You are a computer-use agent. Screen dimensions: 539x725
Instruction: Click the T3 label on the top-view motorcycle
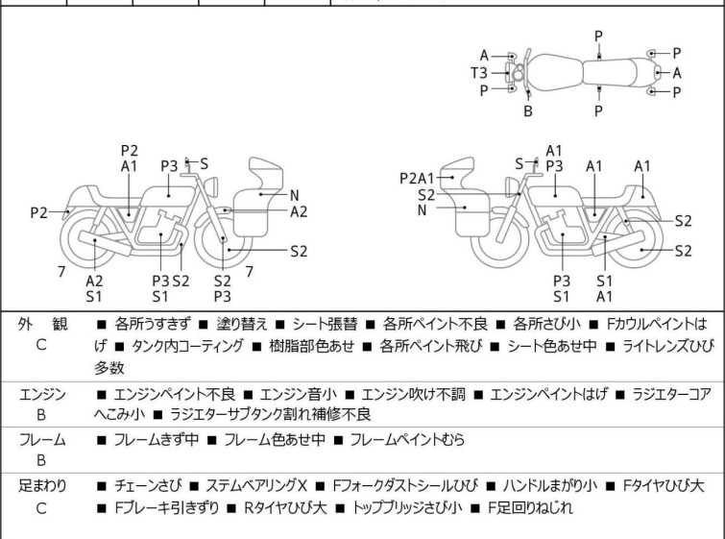point(477,72)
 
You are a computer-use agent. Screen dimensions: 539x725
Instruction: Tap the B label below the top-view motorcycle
point(527,110)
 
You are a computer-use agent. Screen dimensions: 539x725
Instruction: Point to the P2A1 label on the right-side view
point(417,178)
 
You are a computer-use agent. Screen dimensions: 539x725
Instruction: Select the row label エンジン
point(41,394)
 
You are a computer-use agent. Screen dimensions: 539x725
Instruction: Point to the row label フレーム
point(41,440)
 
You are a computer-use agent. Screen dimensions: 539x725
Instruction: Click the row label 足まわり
point(41,486)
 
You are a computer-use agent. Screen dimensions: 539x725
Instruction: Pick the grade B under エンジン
point(41,414)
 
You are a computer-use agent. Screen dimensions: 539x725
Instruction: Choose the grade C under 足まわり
point(41,507)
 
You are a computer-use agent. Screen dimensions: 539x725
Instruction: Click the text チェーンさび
point(145,486)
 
